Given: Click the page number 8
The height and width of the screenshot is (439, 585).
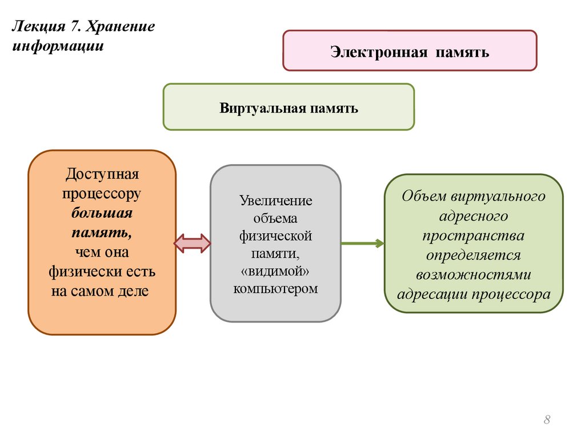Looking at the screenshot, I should point(547,421).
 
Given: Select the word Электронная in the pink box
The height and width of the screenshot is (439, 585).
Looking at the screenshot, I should point(379,53).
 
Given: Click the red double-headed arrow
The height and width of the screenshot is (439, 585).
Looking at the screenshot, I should point(193,244).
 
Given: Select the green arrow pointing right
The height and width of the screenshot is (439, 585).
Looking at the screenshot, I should point(363,244).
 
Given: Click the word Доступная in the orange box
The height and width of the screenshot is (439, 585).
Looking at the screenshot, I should point(102,173).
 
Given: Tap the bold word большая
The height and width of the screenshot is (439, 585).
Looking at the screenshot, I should point(102,213).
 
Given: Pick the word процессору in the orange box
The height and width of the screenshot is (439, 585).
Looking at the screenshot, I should point(102,193).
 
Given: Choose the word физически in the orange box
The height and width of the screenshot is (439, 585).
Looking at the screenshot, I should point(79,272).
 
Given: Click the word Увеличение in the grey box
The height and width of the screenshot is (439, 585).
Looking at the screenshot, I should point(276,201).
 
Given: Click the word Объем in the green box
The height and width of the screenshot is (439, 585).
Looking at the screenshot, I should point(423,197).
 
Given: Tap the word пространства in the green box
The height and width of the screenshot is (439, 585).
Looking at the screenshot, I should point(472,236).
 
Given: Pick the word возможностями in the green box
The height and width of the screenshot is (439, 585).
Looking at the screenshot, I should point(473,274).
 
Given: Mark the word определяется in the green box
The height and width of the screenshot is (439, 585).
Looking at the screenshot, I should point(472,255).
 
